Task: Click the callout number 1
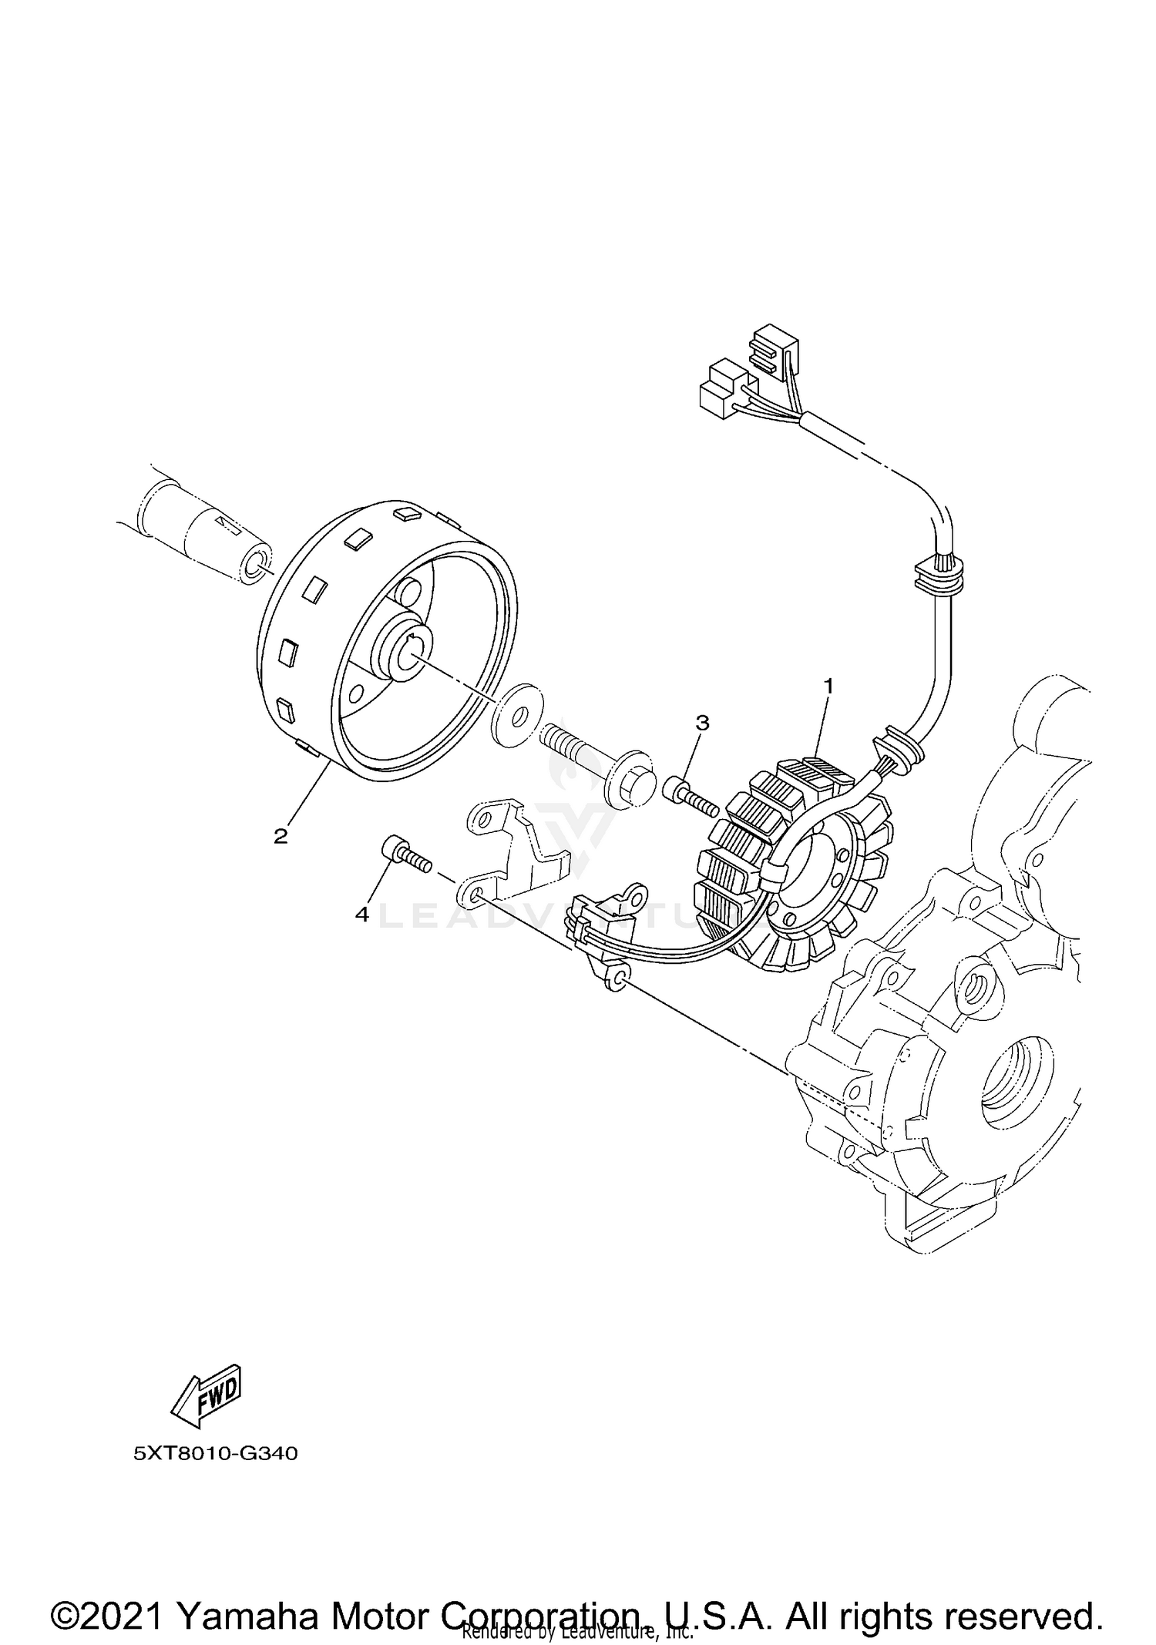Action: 828,684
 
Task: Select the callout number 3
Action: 701,723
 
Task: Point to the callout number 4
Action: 361,915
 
